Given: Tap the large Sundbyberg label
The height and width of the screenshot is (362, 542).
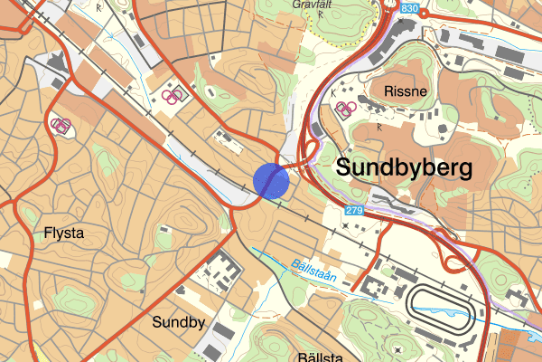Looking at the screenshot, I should [x=404, y=167].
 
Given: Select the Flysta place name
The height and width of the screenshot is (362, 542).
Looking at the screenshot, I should [x=63, y=233].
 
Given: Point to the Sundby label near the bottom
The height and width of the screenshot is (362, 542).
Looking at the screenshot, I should [x=179, y=322].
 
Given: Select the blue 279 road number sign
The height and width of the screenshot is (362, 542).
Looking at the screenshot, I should [x=354, y=211].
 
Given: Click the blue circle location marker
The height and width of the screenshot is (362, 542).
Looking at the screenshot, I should [x=271, y=180].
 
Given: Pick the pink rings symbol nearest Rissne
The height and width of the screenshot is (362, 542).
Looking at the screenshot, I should [x=344, y=109].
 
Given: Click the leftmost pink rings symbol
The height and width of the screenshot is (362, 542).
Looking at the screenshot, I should [x=61, y=125].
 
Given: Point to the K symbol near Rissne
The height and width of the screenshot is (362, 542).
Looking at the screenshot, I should [x=333, y=92].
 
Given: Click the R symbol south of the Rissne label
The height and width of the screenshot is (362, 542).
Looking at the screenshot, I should [x=378, y=128].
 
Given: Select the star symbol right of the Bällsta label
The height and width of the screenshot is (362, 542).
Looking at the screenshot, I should [x=398, y=348].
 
